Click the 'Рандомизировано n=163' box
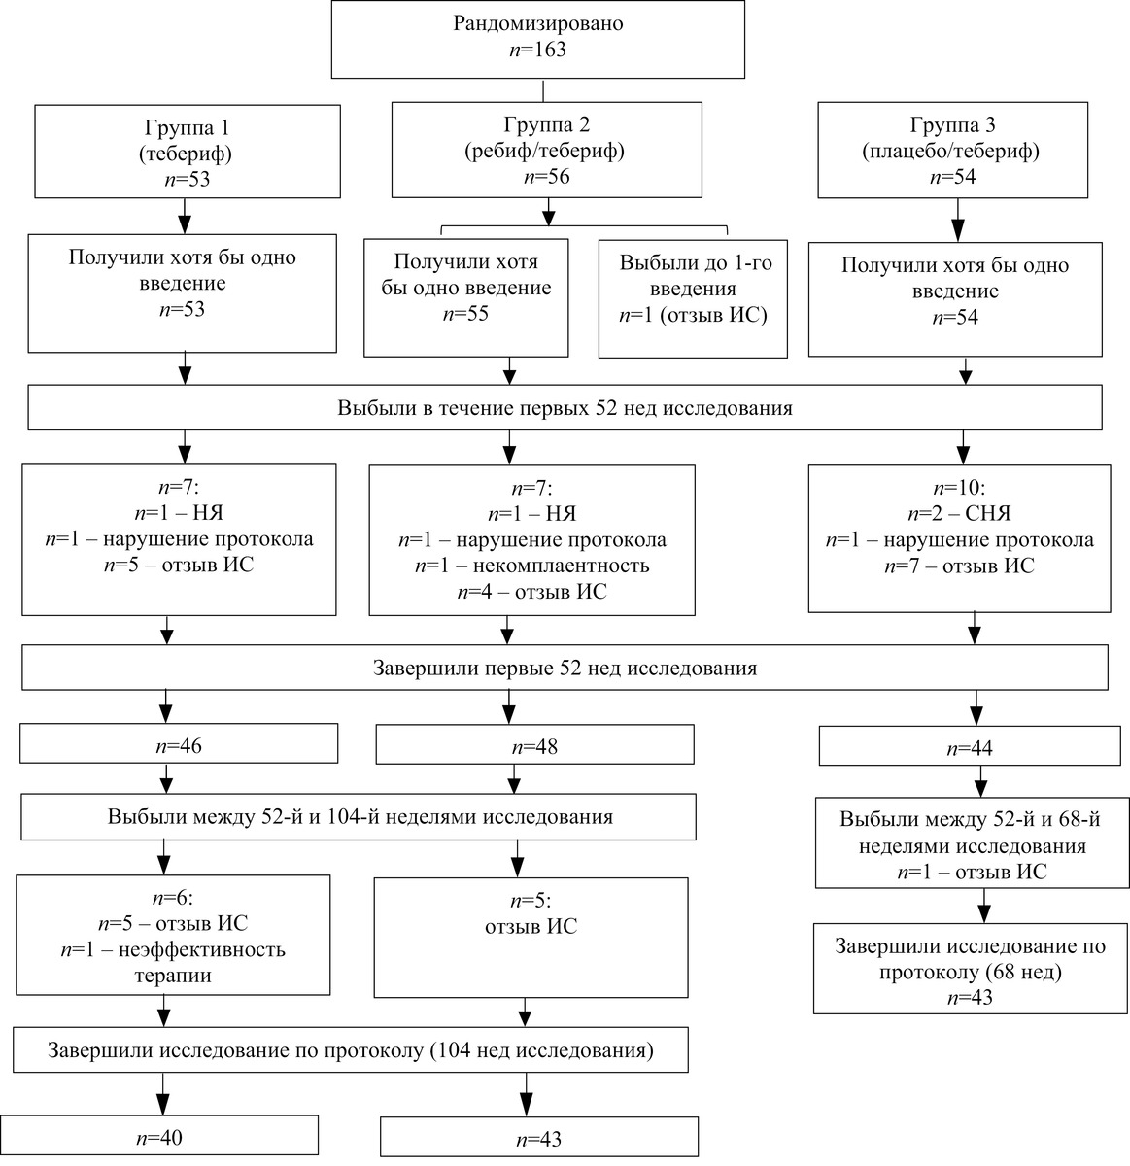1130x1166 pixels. tap(538, 39)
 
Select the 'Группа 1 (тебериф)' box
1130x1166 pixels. tap(188, 152)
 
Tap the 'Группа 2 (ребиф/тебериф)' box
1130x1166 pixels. tap(546, 150)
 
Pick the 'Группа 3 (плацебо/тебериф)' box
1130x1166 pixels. tap(952, 150)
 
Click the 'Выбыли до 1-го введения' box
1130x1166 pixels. tap(693, 299)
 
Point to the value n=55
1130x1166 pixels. tap(465, 314)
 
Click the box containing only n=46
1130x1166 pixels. tap(179, 743)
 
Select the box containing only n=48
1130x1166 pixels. tap(535, 744)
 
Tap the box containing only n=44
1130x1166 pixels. tap(970, 746)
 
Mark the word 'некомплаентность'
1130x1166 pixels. tap(561, 566)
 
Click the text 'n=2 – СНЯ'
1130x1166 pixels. tap(959, 513)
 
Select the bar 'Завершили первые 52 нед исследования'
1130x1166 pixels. tap(565, 668)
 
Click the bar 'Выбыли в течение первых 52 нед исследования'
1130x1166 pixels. tap(565, 407)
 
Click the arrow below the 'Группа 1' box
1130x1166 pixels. tap(185, 216)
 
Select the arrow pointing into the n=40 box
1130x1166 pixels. tap(162, 1093)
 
